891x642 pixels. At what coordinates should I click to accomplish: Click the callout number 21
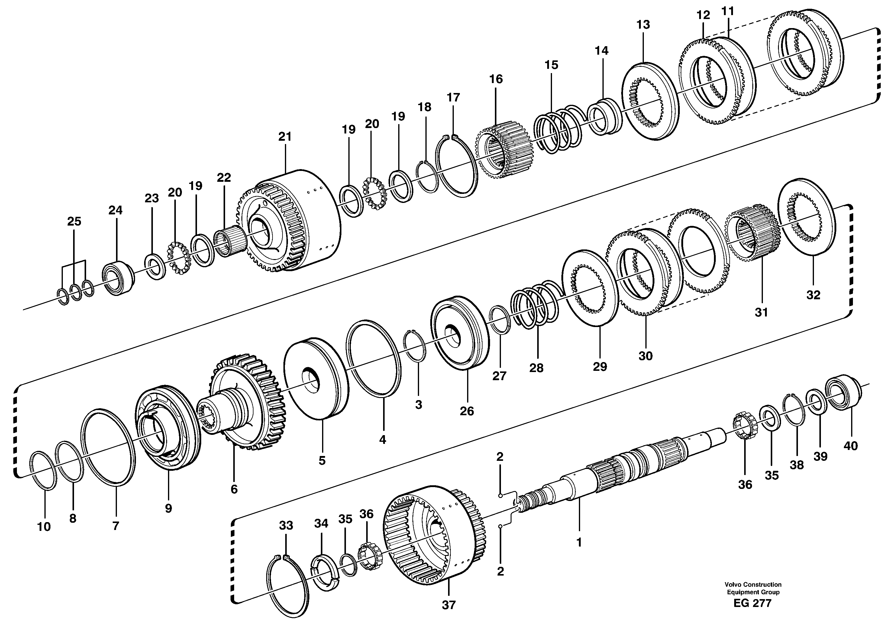[x=285, y=137]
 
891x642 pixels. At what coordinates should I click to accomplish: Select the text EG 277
[x=752, y=603]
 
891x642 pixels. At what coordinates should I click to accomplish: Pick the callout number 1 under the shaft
[x=578, y=543]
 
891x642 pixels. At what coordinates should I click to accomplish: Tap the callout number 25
[x=74, y=221]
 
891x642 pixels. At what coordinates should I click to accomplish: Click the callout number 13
[x=643, y=25]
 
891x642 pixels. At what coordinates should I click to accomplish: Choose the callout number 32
[x=813, y=295]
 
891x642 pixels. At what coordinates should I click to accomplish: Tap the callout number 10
[x=44, y=527]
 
